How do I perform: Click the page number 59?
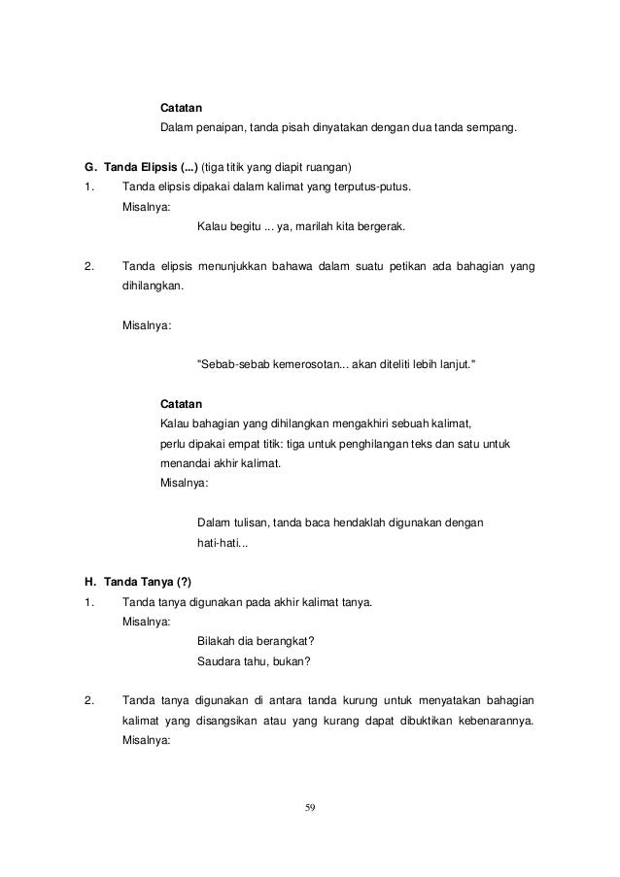click(x=310, y=807)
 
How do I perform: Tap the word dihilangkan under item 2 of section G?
click(x=151, y=288)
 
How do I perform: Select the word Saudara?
click(x=222, y=663)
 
